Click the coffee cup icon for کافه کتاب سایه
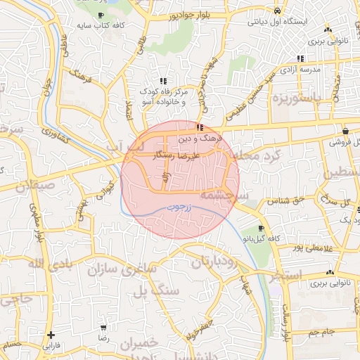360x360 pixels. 101,14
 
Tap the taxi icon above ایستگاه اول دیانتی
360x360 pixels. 278,11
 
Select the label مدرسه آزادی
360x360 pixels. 301,70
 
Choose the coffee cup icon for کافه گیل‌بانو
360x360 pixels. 262,229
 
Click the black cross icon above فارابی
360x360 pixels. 50,335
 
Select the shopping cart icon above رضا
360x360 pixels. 104,328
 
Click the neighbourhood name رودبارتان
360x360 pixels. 211,262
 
